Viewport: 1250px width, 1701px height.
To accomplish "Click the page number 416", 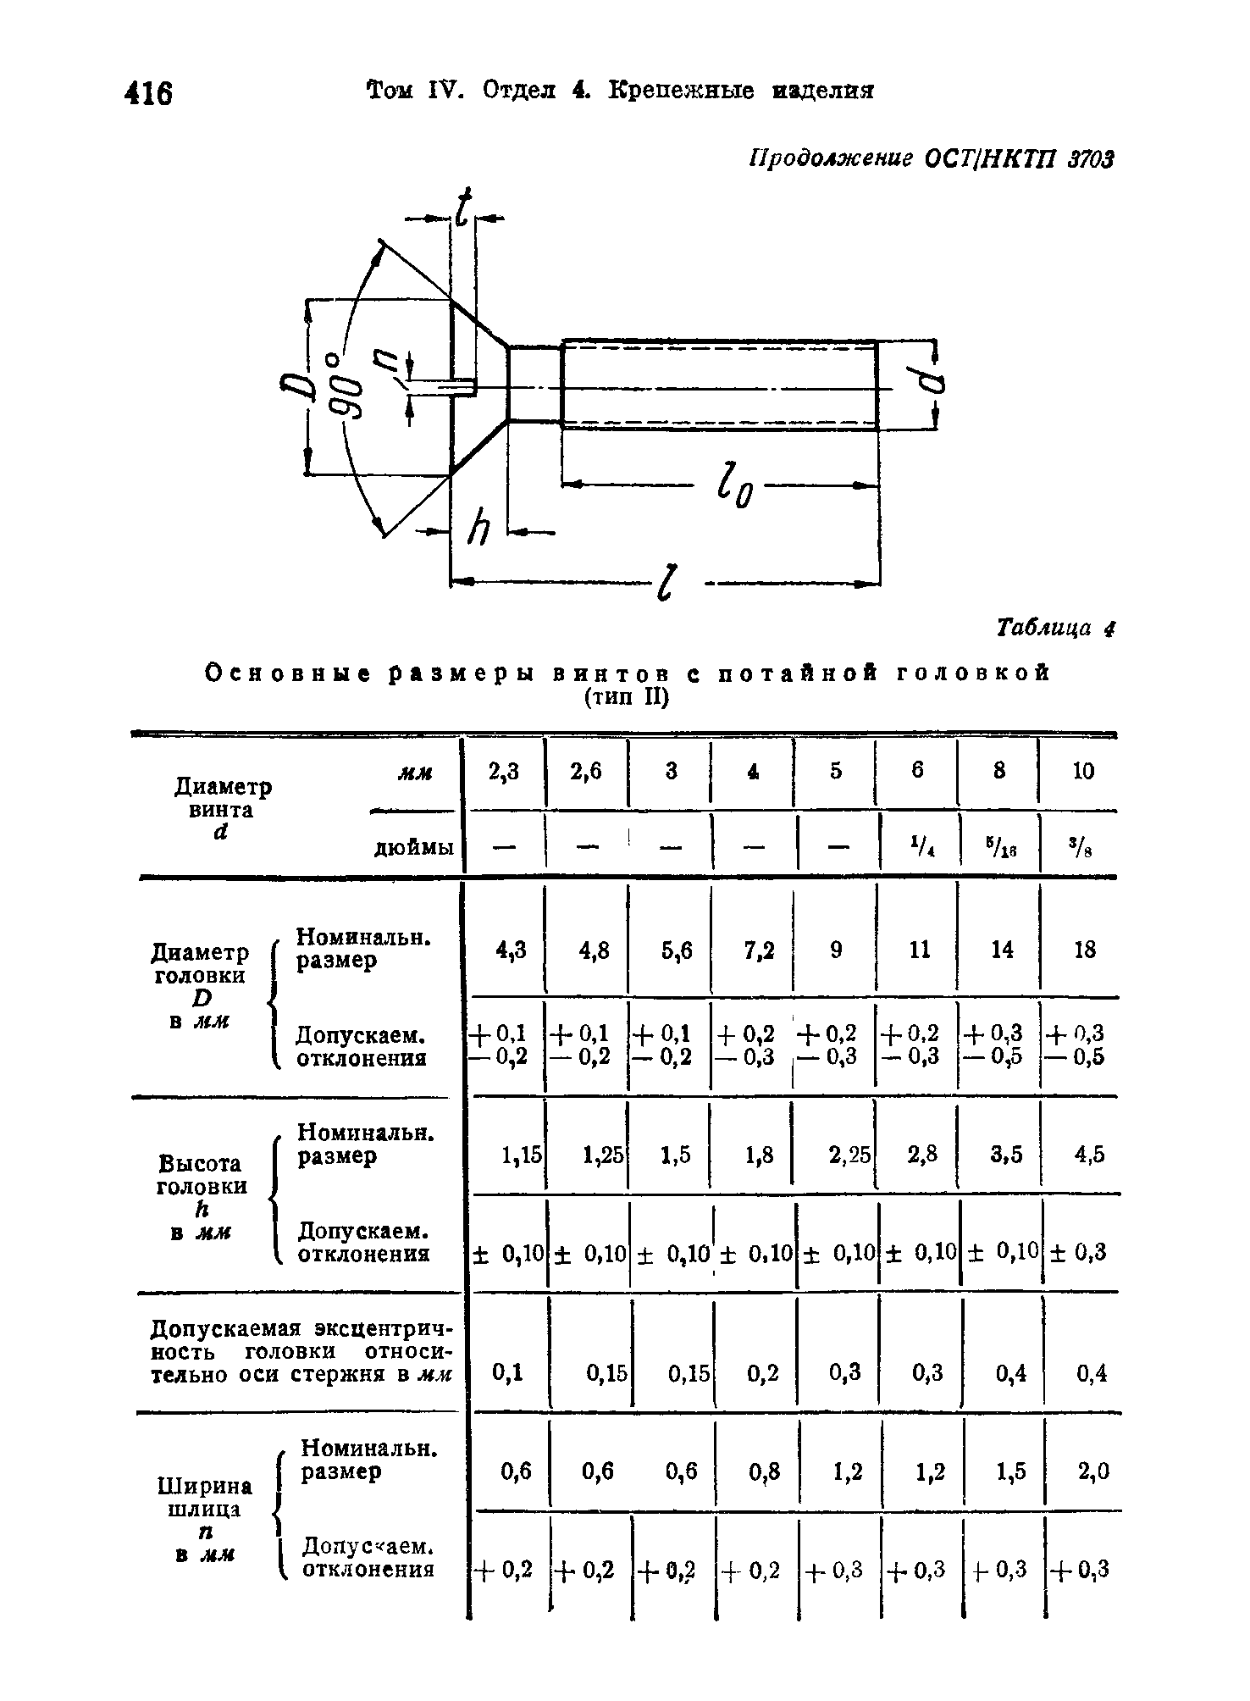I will (x=148, y=92).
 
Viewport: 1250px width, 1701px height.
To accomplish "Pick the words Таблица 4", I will (x=1055, y=629).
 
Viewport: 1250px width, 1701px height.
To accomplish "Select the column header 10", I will (x=1083, y=771).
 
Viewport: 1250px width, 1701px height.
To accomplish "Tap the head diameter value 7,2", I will (x=760, y=950).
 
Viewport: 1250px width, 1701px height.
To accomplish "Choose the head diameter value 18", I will (x=1084, y=950).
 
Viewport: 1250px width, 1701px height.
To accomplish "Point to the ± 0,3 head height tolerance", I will (x=1078, y=1252).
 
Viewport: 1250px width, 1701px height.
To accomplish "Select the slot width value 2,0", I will (x=1092, y=1473).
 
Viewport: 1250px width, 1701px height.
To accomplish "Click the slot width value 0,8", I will (x=763, y=1473).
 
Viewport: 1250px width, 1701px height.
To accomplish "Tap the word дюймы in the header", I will (x=414, y=847).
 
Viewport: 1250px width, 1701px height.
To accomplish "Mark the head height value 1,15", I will (x=521, y=1154).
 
